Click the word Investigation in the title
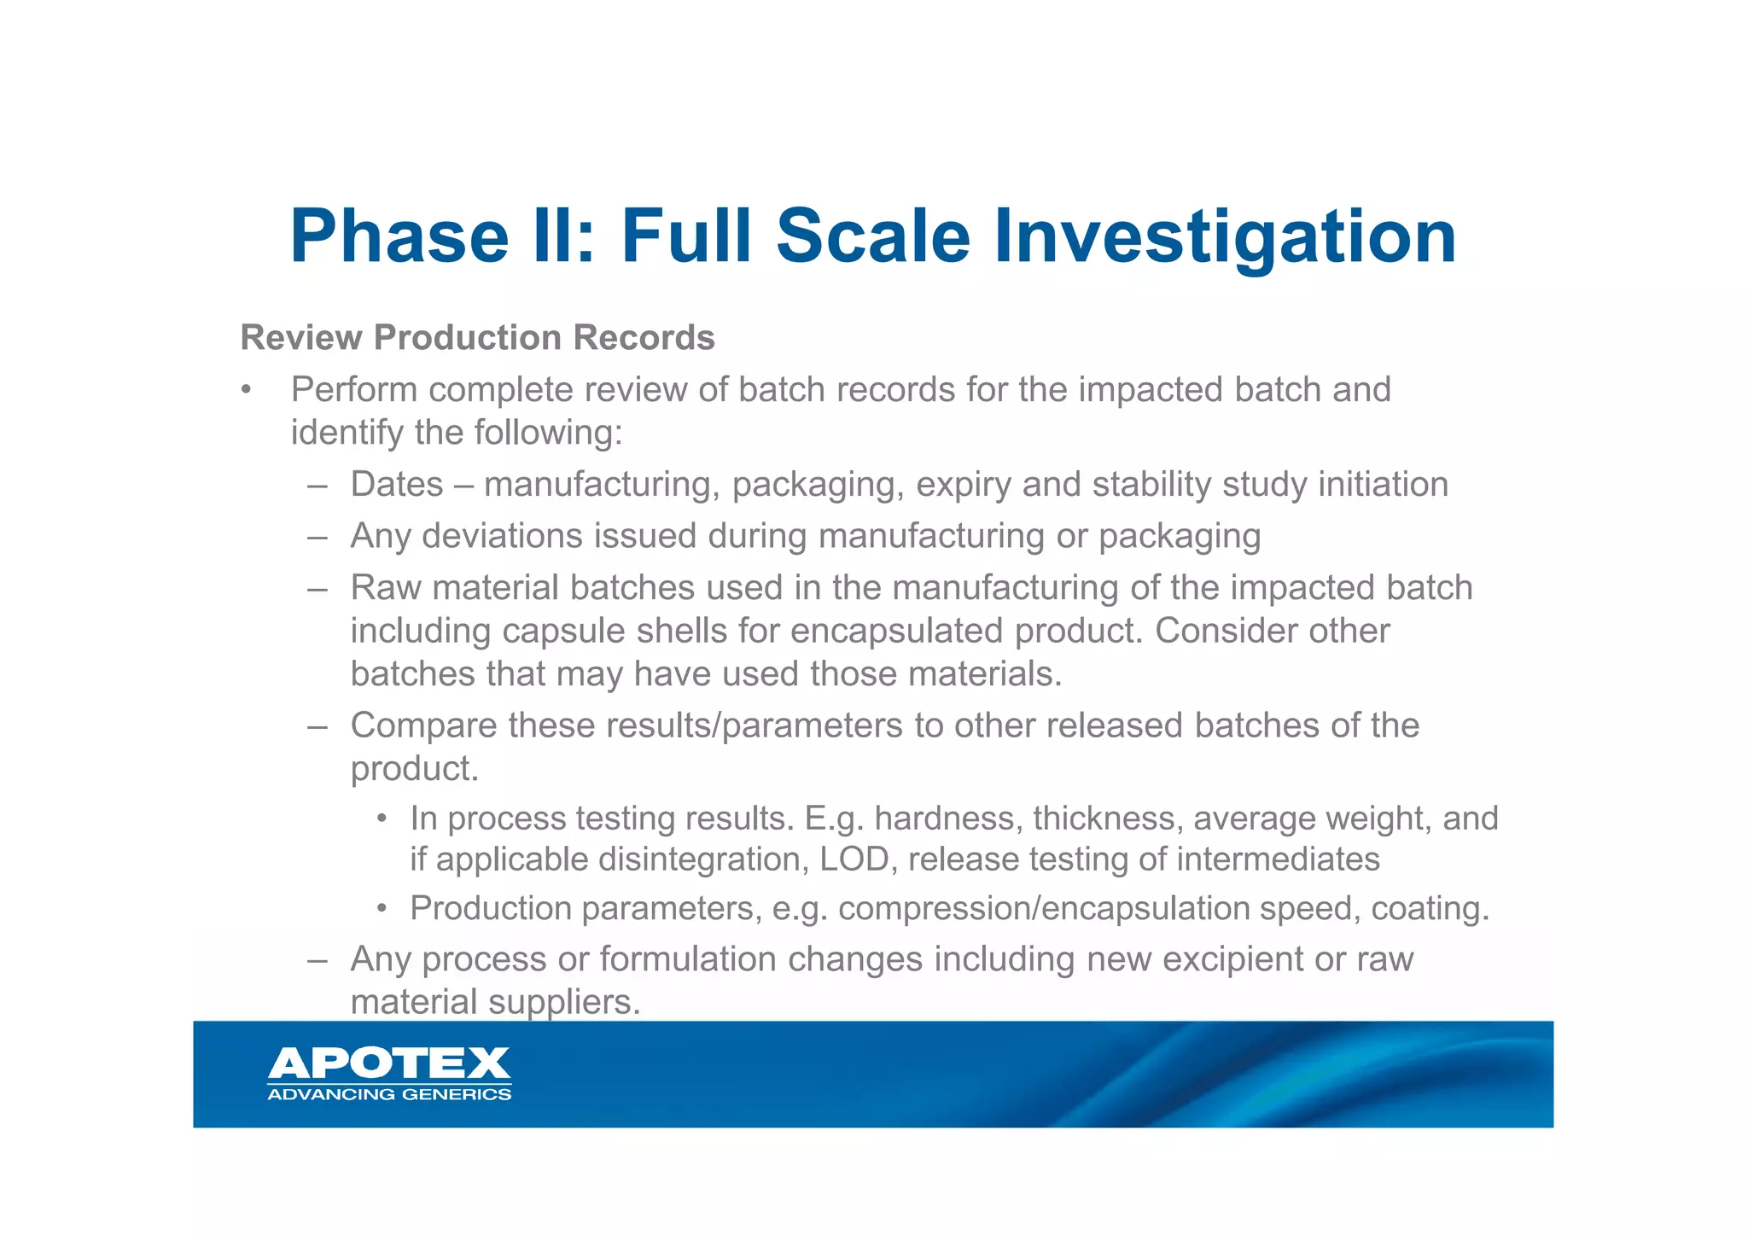click(x=1225, y=236)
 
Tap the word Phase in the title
click(x=399, y=236)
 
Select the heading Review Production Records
click(x=477, y=338)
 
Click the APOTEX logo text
click(x=389, y=1063)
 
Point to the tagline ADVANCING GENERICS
click(x=389, y=1095)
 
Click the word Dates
click(x=397, y=485)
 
